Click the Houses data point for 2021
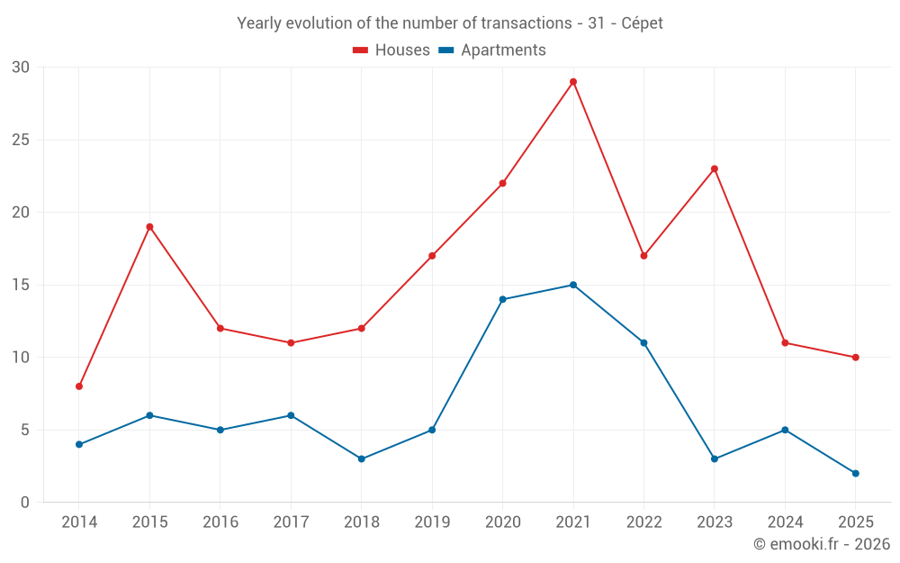pos(573,82)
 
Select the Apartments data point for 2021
pos(573,285)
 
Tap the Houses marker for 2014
pos(79,386)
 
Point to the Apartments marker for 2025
pos(856,473)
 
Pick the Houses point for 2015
pos(149,227)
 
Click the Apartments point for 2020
pos(503,299)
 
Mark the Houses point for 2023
pos(715,168)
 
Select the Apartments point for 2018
pos(362,459)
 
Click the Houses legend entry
pos(391,50)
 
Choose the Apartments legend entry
pos(492,50)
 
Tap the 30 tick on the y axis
pos(21,68)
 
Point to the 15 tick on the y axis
pos(21,285)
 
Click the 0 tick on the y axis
pos(25,503)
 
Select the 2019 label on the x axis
pos(432,522)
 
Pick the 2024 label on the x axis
pos(785,522)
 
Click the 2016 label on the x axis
pos(220,522)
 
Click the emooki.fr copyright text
pos(821,544)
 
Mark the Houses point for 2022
pos(643,256)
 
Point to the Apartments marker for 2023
pos(715,459)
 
